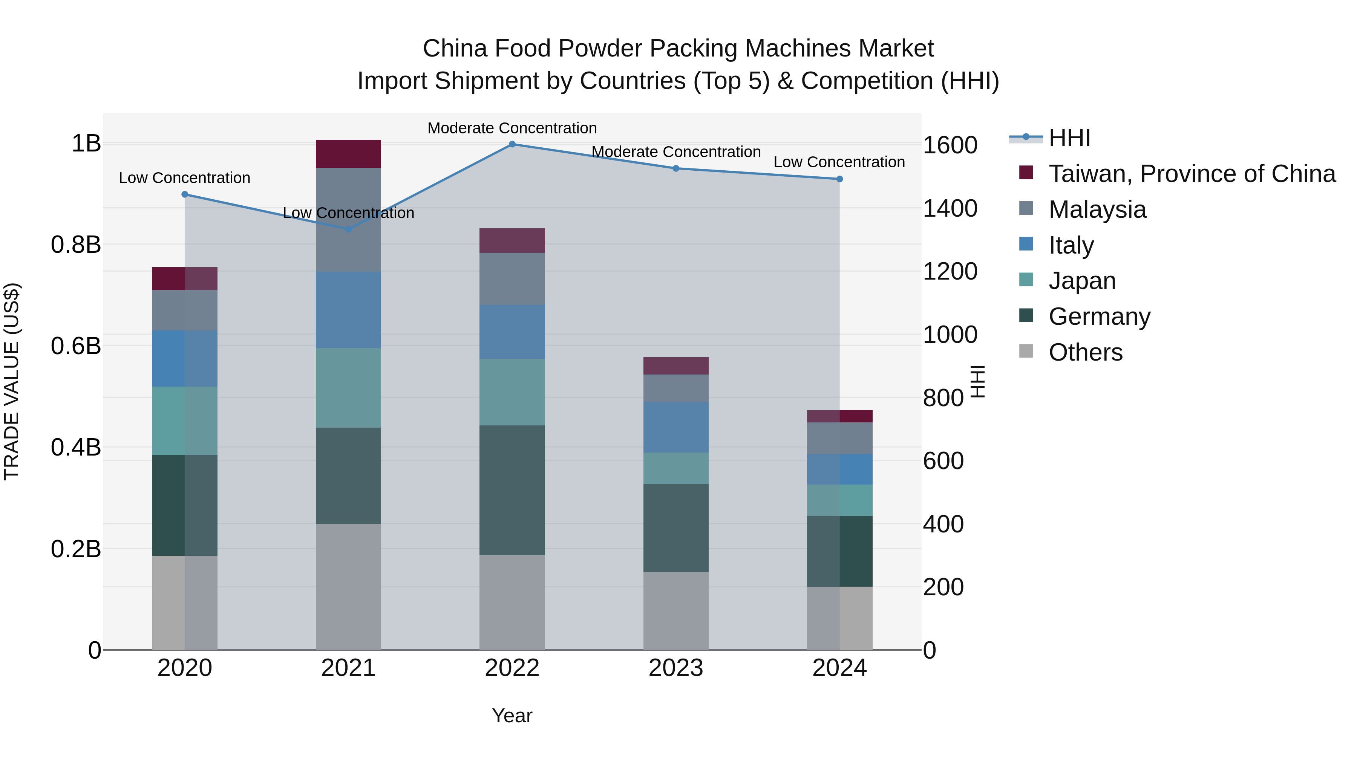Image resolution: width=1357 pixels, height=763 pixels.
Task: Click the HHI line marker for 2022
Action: tap(512, 144)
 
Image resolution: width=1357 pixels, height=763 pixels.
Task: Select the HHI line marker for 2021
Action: tap(348, 229)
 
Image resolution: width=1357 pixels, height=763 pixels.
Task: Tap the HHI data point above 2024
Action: tap(840, 179)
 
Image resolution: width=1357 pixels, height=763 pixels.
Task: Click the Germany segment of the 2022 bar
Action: tap(512, 490)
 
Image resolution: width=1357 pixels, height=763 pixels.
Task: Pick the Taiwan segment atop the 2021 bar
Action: tap(348, 154)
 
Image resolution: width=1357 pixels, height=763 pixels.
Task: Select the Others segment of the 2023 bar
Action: tap(676, 611)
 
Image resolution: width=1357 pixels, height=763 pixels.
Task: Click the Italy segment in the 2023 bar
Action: tap(676, 427)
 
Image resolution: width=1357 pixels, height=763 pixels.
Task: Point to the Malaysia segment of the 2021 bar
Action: tap(348, 220)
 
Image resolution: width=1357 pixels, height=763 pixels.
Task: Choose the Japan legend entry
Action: tap(1081, 281)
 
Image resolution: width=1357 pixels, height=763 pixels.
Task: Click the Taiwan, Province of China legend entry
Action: tap(1192, 174)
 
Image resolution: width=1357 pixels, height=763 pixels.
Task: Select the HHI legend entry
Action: tap(1069, 138)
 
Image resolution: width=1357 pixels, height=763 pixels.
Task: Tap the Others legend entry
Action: tap(1085, 352)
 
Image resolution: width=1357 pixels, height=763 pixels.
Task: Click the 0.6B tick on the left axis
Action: tap(76, 346)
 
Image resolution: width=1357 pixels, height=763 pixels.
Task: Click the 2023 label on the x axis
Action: tap(676, 668)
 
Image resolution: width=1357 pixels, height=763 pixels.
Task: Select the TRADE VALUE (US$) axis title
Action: tap(12, 381)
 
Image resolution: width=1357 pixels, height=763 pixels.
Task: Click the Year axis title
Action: tap(512, 716)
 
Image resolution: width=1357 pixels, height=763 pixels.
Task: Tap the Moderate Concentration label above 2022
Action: tap(512, 128)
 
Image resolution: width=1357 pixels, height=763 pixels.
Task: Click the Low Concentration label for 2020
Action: tap(184, 178)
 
